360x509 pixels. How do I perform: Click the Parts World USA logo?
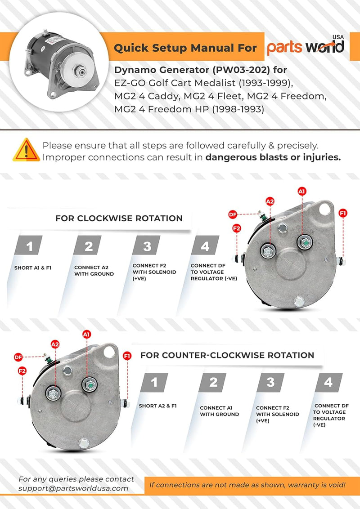click(306, 46)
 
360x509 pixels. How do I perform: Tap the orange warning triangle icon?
click(26, 150)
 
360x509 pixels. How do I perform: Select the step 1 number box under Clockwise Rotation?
click(30, 246)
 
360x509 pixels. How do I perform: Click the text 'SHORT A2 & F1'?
click(157, 406)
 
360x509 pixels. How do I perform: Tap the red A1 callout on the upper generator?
click(302, 191)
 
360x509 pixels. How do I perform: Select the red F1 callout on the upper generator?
click(343, 213)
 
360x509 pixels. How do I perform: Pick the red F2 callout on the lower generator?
click(21, 371)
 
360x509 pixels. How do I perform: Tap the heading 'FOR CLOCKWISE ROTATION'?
click(119, 219)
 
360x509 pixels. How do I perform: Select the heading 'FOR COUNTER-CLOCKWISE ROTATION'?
click(227, 355)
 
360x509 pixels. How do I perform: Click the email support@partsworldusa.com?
click(73, 488)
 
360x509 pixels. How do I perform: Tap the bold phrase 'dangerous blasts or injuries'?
click(273, 157)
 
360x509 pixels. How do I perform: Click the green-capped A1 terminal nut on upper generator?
click(303, 243)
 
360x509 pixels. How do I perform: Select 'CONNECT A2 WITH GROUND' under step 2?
click(94, 270)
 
